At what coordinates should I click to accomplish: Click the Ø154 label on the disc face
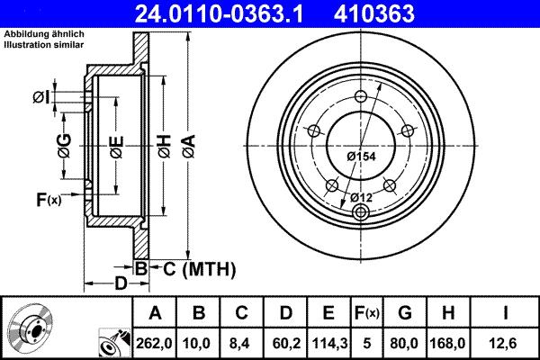tap(361, 157)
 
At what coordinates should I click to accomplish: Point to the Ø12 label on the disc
tap(361, 197)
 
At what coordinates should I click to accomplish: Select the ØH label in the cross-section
tap(164, 143)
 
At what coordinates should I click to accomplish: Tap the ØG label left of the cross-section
tap(64, 143)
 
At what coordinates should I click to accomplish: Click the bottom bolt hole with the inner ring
tap(361, 212)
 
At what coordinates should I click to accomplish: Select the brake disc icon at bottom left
tap(31, 329)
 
